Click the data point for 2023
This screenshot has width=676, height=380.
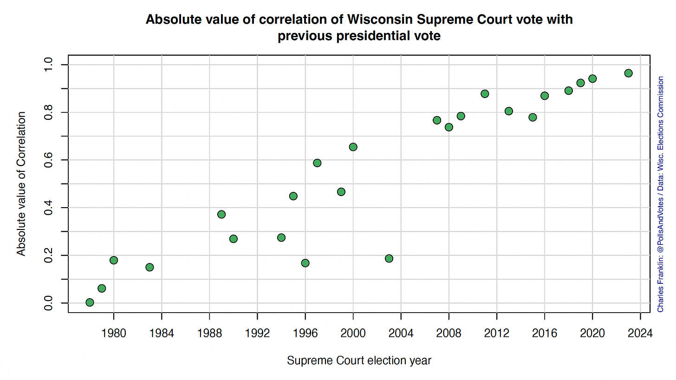(x=628, y=73)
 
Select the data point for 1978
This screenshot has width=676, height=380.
(x=90, y=302)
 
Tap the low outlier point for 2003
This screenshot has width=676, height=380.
(x=389, y=258)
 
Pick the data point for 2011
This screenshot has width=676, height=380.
(x=485, y=94)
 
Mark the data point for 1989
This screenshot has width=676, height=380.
(x=221, y=214)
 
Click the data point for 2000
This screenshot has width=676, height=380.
(x=353, y=147)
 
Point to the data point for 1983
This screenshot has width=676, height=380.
(x=149, y=267)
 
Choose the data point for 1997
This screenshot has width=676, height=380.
(x=317, y=163)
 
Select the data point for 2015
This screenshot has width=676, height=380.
(x=533, y=117)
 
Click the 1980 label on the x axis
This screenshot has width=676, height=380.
(x=113, y=333)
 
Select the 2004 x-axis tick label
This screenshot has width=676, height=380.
(x=401, y=333)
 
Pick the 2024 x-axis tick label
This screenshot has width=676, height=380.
(x=640, y=333)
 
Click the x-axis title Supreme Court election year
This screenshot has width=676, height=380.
(x=359, y=360)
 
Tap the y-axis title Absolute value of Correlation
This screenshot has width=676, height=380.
(x=21, y=183)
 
